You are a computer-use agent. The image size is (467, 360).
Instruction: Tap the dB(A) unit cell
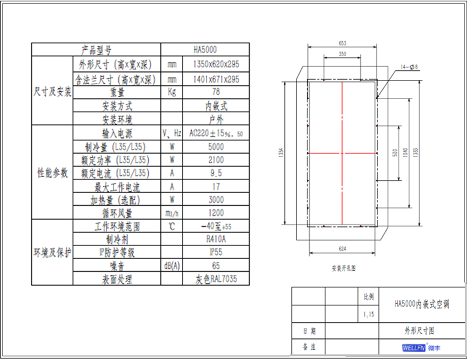click(172, 266)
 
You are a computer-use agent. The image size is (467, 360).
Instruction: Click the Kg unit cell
click(172, 92)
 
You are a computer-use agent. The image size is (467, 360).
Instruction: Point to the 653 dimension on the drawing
click(343, 43)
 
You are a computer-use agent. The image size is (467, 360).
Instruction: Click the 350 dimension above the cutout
click(342, 54)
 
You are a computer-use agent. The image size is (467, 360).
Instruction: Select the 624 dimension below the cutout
click(343, 248)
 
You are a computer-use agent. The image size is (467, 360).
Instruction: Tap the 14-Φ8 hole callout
click(408, 67)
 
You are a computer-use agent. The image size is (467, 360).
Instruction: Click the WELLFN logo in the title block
click(412, 347)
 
